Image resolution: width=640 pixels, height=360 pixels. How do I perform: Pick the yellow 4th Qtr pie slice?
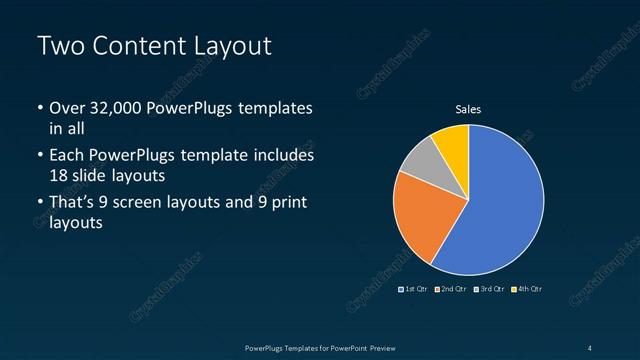click(452, 145)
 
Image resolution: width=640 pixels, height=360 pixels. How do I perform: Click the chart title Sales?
click(468, 109)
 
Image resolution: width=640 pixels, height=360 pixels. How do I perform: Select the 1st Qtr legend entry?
click(415, 289)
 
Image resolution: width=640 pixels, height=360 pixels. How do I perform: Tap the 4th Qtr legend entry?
click(528, 289)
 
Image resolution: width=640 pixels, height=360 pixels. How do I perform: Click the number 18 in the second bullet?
click(59, 176)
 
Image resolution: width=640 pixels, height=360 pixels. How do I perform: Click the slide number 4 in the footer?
click(589, 347)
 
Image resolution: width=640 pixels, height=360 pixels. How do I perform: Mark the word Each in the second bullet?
click(67, 156)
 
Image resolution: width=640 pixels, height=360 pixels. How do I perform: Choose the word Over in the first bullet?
click(68, 108)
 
